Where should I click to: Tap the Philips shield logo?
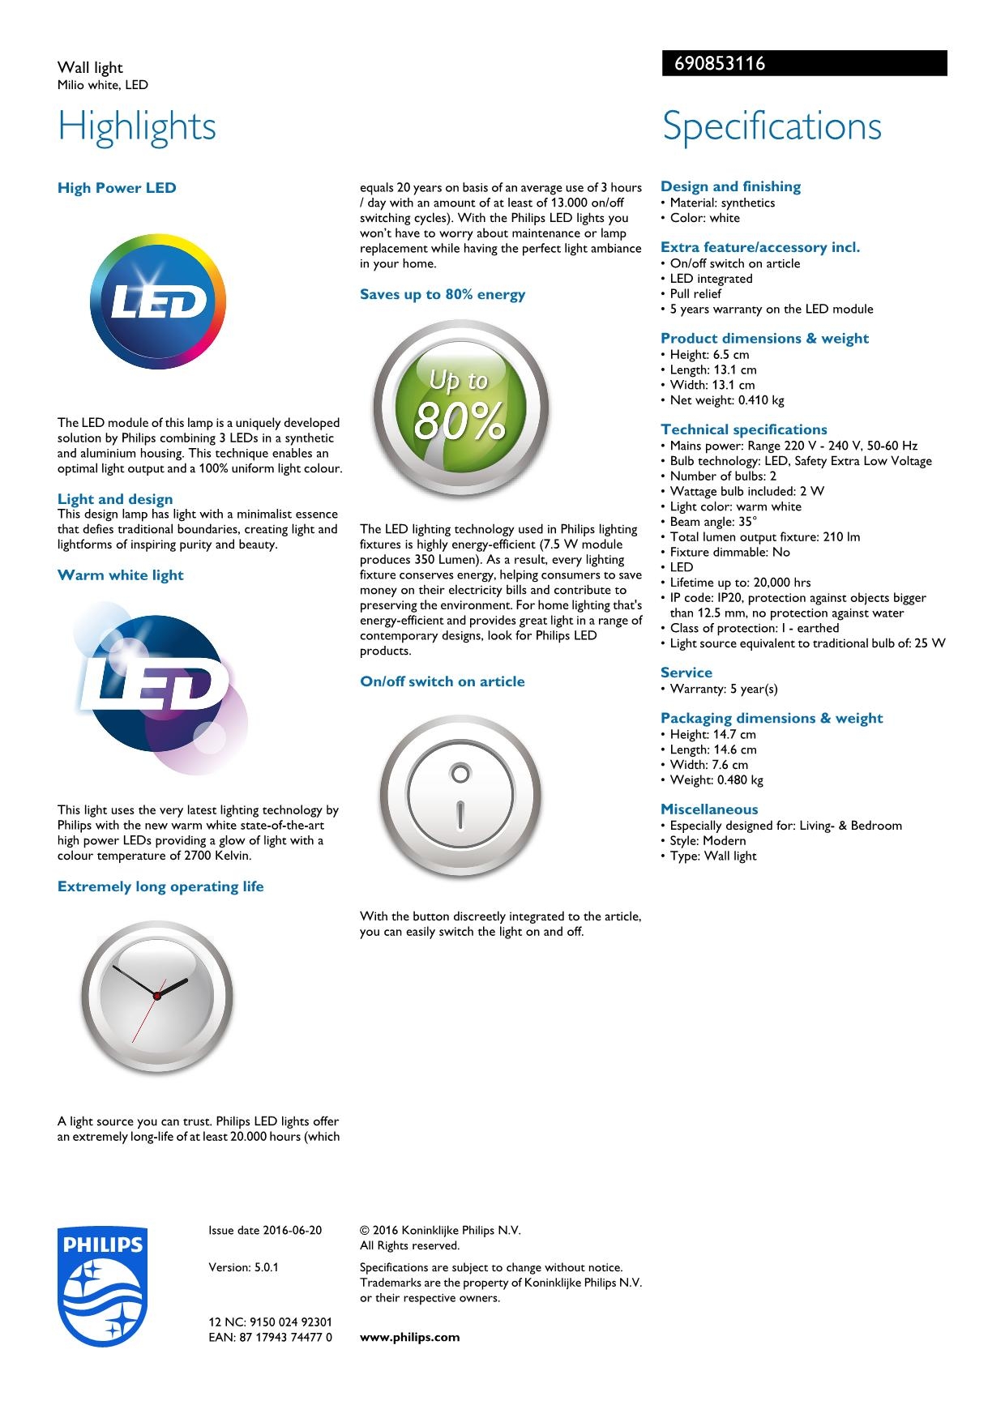coord(102,1286)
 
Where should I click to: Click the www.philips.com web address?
coord(409,1337)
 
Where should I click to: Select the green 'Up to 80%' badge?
coord(460,408)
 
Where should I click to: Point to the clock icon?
coord(156,996)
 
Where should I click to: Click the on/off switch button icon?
coord(460,796)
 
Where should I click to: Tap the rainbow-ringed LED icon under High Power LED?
coord(158,302)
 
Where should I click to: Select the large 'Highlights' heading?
coord(137,126)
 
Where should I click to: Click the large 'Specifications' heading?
coord(772,126)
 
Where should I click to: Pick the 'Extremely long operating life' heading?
coord(160,886)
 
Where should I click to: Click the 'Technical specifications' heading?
coord(743,429)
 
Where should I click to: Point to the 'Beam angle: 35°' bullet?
coord(713,522)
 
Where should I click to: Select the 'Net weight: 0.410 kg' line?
coord(726,400)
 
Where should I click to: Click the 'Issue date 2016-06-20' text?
coord(265,1230)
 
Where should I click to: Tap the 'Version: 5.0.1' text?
coord(243,1267)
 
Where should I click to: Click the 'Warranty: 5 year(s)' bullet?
coord(723,689)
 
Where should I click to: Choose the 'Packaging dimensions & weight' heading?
coord(771,718)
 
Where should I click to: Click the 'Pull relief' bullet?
coord(695,294)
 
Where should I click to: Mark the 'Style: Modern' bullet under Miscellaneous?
coord(708,841)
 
